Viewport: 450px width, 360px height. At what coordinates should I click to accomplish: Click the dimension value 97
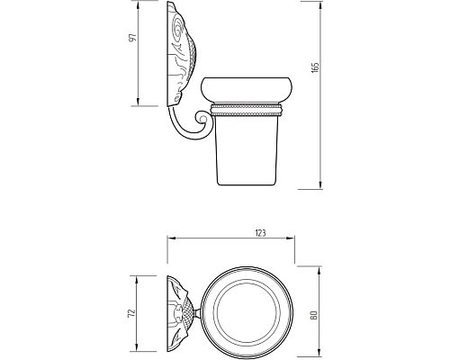coord(132,38)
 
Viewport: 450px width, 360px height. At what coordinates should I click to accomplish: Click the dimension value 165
coord(315,67)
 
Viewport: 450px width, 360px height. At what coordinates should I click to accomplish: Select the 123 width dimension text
coord(260,233)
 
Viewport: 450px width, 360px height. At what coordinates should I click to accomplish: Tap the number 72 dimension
coord(131,313)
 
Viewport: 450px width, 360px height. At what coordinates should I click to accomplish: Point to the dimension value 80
coord(314,315)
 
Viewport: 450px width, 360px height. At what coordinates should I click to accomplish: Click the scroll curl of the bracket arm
coord(202,118)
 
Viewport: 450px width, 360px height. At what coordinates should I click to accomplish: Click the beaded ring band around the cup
coord(246,110)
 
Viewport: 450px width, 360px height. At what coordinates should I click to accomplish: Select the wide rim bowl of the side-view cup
coord(247,88)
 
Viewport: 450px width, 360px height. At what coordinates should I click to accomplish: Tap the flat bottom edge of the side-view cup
coord(247,184)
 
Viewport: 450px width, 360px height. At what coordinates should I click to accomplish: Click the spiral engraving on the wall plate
coord(178,28)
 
